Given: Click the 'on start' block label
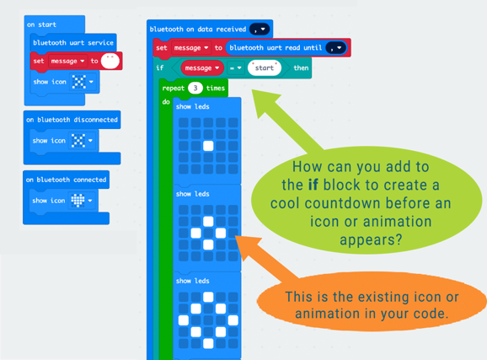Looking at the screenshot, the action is pos(41,24).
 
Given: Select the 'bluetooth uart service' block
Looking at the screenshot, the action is pos(73,43).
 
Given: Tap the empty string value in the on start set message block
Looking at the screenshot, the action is pos(110,61).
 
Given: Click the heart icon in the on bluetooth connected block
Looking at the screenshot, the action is pos(78,201).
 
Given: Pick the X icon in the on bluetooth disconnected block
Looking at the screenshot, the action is pos(78,141).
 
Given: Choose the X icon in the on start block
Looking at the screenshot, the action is pos(79,82).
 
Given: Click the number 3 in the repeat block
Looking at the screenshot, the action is pos(195,88).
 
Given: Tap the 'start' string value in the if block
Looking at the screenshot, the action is pos(265,67).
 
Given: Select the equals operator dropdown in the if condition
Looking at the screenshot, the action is pos(236,67).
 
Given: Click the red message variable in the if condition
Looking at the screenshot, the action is pos(202,67).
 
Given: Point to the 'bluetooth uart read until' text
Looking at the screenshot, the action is pos(276,47).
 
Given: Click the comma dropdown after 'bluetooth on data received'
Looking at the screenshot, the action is pos(260,30).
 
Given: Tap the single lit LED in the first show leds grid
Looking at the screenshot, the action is pos(208,146).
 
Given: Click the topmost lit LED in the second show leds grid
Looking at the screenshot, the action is pos(208,222).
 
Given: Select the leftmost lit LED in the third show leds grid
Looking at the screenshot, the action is pos(184,320).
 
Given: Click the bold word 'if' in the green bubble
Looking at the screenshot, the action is pos(313,185).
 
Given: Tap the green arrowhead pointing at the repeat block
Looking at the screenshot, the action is pos(264,101).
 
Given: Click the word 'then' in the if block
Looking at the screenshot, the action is pos(301,67).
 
